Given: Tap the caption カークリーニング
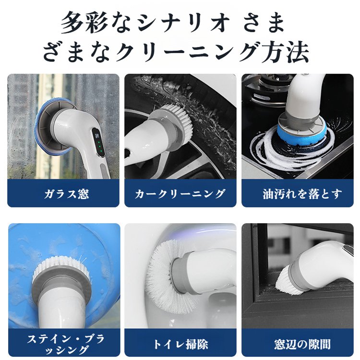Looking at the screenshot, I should [x=180, y=194].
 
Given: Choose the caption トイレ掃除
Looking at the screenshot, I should [x=180, y=344].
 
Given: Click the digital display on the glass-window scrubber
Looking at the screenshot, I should [x=97, y=138].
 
